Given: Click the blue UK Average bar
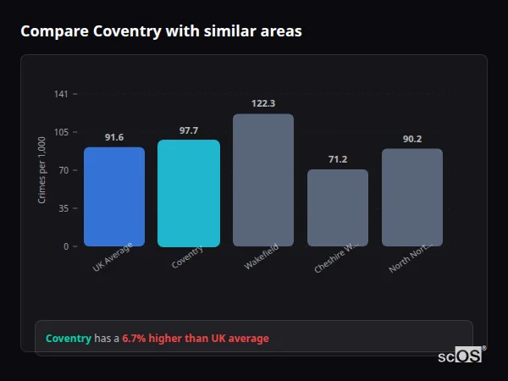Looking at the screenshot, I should (x=114, y=196).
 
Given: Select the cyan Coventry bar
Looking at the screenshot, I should (x=189, y=193).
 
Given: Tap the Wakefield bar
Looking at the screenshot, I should (x=263, y=179).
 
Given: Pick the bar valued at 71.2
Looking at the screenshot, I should (x=338, y=207).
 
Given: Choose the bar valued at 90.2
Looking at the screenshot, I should (x=412, y=197).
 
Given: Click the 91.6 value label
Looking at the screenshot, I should (x=114, y=137).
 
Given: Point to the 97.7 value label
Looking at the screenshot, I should (x=189, y=130).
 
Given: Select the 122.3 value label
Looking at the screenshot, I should (x=263, y=103).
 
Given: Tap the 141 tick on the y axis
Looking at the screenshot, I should (x=61, y=94).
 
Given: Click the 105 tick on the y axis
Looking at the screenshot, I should (x=61, y=132).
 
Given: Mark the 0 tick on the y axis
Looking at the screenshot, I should (x=65, y=246).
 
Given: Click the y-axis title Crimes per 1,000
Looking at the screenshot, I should (x=42, y=170).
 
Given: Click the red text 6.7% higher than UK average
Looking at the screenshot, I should (x=196, y=339).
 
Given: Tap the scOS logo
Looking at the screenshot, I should (x=461, y=356).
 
